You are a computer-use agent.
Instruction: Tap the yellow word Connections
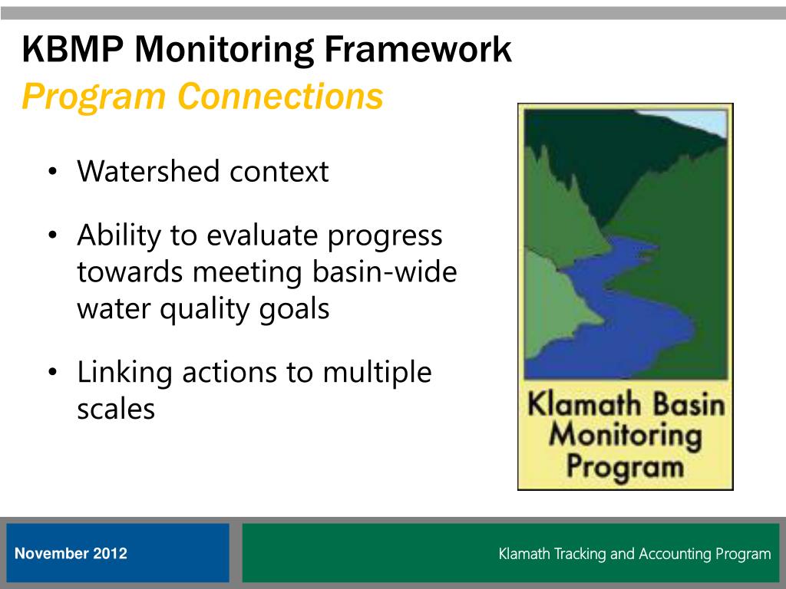pos(280,96)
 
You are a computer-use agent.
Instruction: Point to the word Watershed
pos(148,171)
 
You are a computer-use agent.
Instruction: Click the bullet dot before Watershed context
pos(53,172)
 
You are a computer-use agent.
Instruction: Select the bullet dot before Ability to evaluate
pos(53,235)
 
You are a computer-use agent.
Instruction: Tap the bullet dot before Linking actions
pos(53,372)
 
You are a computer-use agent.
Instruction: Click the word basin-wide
pos(385,271)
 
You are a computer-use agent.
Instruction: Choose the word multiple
pos(377,373)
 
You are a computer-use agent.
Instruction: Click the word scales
pos(116,409)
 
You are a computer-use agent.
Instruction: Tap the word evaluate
pos(263,235)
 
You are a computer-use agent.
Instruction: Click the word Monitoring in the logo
pos(625,436)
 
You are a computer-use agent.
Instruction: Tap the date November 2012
pos(71,554)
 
